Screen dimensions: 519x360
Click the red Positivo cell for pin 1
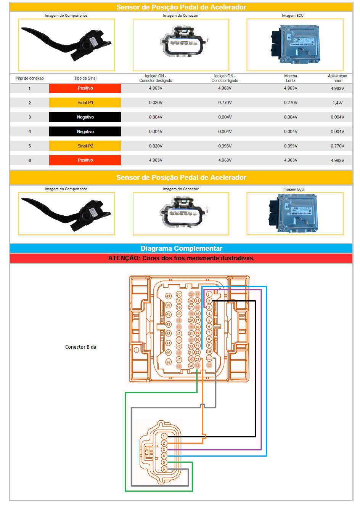pyautogui.click(x=85, y=88)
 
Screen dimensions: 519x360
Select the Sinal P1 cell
pyautogui.click(x=85, y=103)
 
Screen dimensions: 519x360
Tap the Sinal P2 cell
pyautogui.click(x=85, y=146)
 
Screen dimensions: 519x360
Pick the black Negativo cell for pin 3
pyautogui.click(x=85, y=117)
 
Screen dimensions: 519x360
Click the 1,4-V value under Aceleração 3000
pyautogui.click(x=337, y=103)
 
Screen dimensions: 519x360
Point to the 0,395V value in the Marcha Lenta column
pyautogui.click(x=291, y=146)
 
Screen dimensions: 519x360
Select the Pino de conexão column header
pyautogui.click(x=29, y=78)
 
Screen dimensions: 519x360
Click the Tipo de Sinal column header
pyautogui.click(x=85, y=78)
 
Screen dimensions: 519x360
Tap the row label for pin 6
pyautogui.click(x=29, y=160)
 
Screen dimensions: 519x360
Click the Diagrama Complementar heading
pyautogui.click(x=181, y=248)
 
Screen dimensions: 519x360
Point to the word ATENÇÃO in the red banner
pyautogui.click(x=124, y=258)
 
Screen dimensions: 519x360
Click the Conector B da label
pyautogui.click(x=80, y=347)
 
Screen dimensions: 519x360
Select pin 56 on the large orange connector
pyautogui.click(x=168, y=362)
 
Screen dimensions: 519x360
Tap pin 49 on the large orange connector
pyautogui.click(x=168, y=296)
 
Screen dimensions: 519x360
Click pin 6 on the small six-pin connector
pyautogui.click(x=164, y=469)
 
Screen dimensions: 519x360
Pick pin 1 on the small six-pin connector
pyautogui.click(x=164, y=436)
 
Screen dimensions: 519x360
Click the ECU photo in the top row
pyautogui.click(x=295, y=45)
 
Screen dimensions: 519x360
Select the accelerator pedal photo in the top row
pyautogui.click(x=66, y=45)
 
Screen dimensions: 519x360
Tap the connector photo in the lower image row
pyautogui.click(x=181, y=213)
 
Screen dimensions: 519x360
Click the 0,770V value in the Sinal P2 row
pyautogui.click(x=337, y=146)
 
